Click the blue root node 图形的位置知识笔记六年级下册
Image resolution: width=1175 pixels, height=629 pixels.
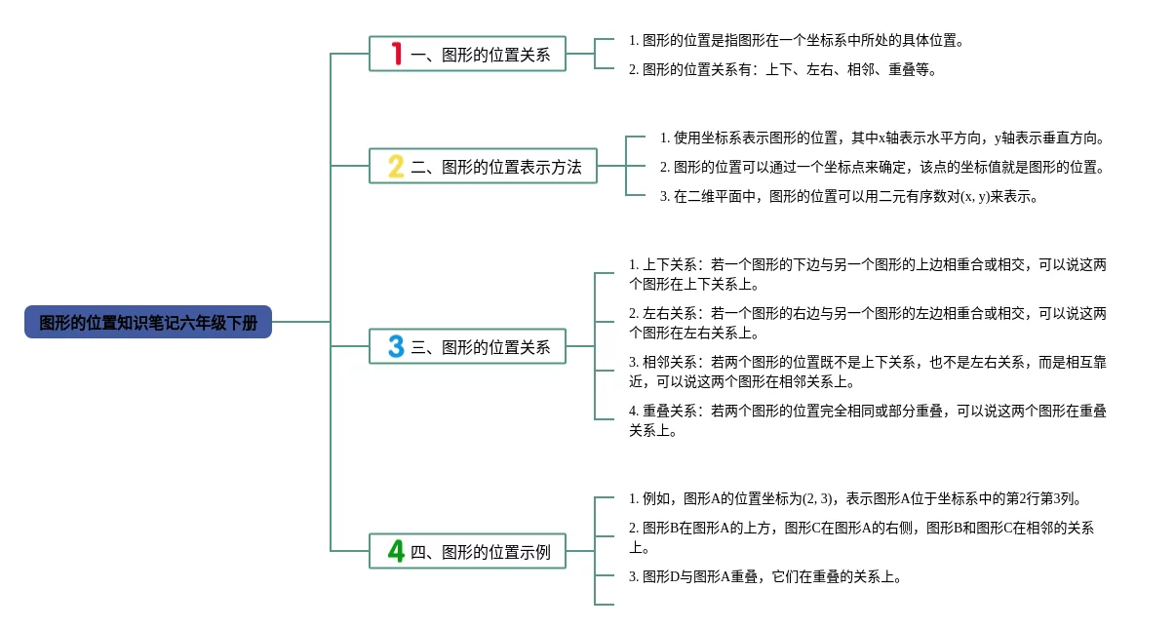[x=148, y=322]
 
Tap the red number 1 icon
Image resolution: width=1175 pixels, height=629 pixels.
[x=397, y=54]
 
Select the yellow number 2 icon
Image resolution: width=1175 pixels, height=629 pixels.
[x=396, y=167]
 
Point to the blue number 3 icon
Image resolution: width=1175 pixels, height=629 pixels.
[x=396, y=346]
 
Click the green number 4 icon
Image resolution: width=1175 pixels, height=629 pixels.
[x=396, y=551]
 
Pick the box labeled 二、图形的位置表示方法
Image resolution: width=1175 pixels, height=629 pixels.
[x=483, y=166]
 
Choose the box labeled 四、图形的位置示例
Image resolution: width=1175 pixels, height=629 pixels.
[x=467, y=551]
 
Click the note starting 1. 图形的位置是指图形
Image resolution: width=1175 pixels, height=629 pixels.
[x=796, y=40]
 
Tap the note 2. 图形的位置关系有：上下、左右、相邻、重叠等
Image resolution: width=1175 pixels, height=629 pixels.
[x=782, y=69]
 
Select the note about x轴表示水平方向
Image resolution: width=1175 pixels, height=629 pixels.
[x=881, y=138]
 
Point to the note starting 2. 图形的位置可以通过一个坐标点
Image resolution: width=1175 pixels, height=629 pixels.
[x=881, y=168]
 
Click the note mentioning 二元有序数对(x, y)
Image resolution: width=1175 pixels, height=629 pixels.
[x=848, y=197]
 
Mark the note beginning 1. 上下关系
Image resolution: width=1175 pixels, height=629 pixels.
[x=868, y=274]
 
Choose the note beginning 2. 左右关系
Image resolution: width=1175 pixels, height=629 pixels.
[x=868, y=323]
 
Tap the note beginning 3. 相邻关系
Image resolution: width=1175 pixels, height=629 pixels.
[x=868, y=372]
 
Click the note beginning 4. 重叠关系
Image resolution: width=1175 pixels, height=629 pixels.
[x=868, y=420]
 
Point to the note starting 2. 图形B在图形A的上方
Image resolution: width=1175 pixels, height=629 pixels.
[x=861, y=537]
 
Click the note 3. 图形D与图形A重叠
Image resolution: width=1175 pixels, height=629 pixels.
[x=764, y=576]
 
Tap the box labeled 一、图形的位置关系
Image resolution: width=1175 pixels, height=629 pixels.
[x=467, y=54]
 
